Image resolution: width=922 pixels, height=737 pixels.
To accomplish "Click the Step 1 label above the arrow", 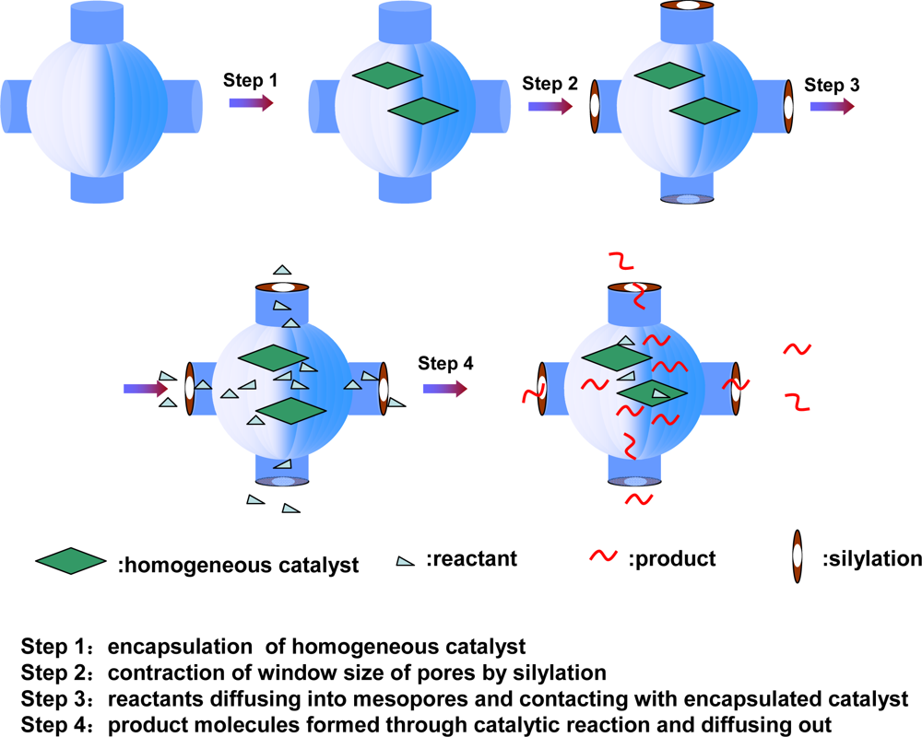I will pos(251,80).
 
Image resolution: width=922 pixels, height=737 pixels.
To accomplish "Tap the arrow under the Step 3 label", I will pos(832,106).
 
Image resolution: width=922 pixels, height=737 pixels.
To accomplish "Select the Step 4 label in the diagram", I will pos(445,363).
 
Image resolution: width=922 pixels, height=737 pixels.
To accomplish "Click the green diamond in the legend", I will pos(71,561).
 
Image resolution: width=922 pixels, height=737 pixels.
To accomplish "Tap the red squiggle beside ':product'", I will pos(603,557).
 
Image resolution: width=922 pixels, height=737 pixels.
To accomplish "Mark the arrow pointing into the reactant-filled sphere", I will pos(146,389).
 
